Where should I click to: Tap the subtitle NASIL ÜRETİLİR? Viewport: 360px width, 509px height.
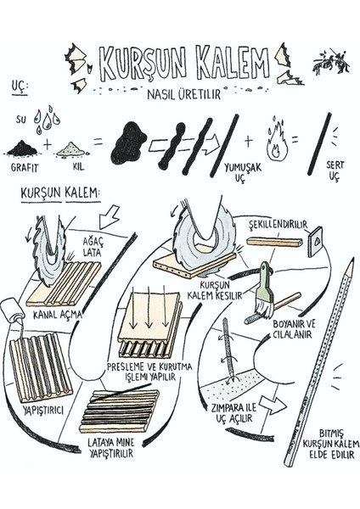click(x=184, y=94)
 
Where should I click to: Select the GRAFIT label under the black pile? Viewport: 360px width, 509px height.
click(x=25, y=167)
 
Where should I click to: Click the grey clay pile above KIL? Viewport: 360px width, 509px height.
click(x=71, y=149)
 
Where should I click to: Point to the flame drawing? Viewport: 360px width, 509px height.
click(x=277, y=141)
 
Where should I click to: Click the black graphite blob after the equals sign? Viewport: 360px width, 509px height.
click(x=127, y=143)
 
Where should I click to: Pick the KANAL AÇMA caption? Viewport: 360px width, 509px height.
click(x=57, y=314)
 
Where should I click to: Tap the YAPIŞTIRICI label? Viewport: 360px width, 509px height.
click(x=43, y=410)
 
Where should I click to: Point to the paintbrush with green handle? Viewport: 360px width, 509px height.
click(x=263, y=291)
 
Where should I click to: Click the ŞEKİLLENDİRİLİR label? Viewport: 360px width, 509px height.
click(x=278, y=225)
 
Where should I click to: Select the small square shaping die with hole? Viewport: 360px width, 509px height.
click(x=316, y=242)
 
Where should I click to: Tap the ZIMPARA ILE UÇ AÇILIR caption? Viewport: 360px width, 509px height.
click(x=233, y=413)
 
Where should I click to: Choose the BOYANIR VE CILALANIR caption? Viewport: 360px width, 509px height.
click(x=294, y=329)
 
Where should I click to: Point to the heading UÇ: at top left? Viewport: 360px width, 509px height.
click(x=20, y=87)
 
